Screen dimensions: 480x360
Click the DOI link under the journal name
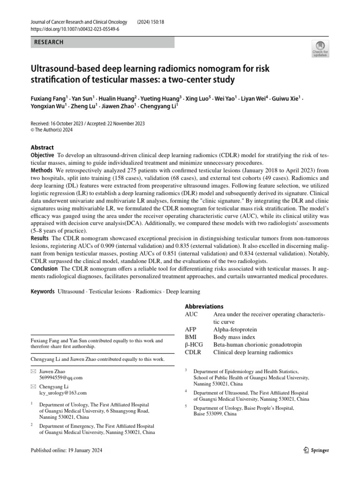coord(75,29)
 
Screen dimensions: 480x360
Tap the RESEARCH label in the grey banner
coord(49,43)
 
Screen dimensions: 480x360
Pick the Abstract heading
coord(42,147)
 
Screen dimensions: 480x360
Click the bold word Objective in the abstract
coord(42,155)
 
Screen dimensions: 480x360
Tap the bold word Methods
coord(41,169)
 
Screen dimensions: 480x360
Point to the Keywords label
coord(43,291)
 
